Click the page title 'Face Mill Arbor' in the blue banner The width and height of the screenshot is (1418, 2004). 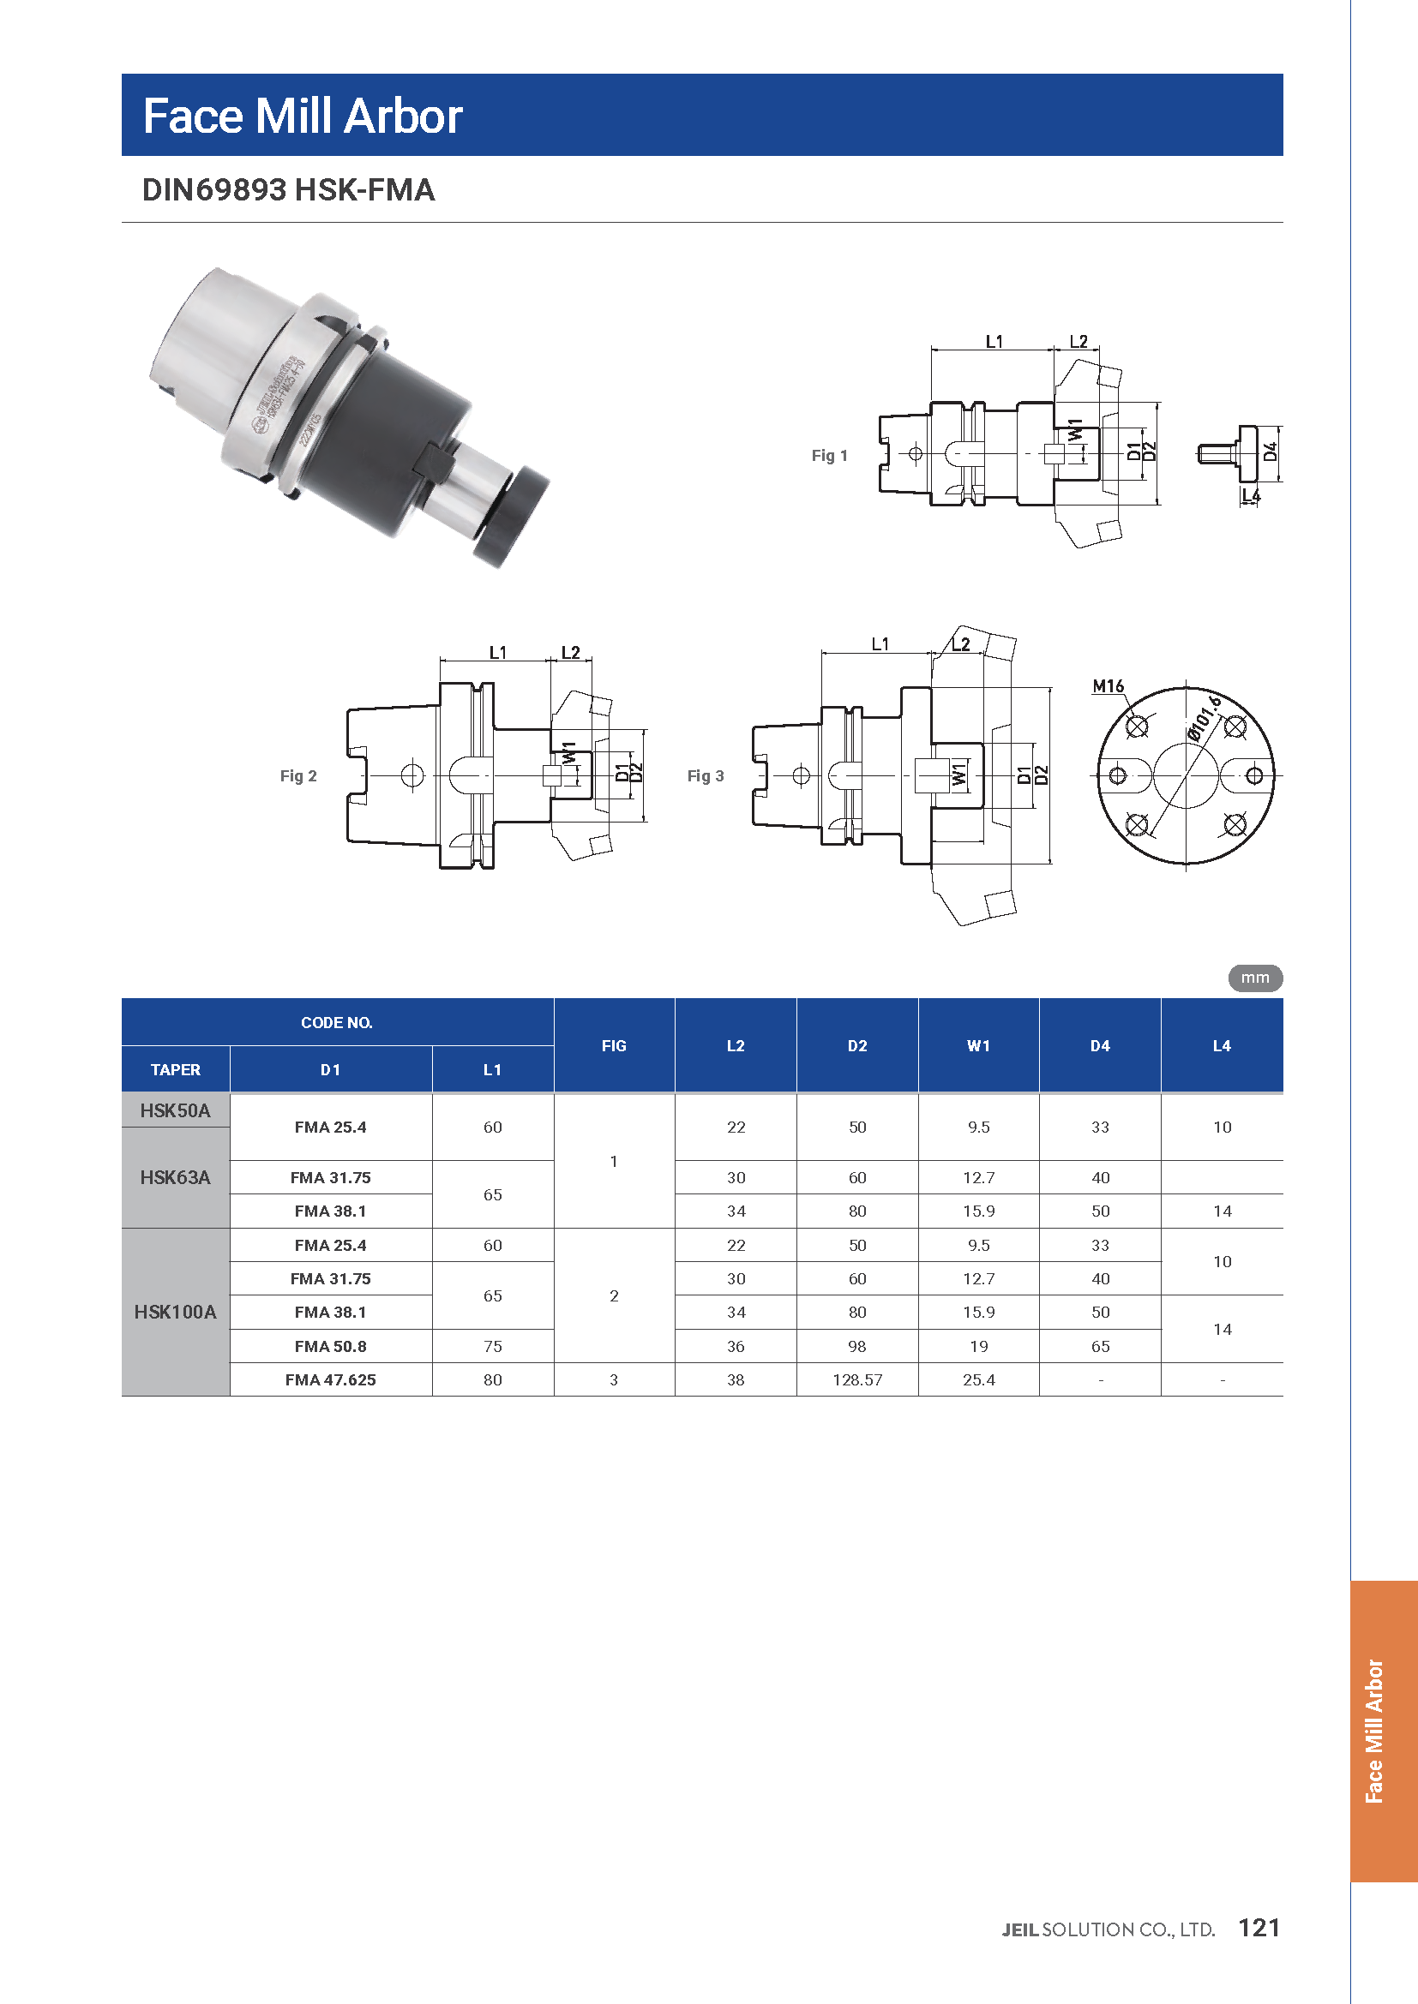pyautogui.click(x=302, y=116)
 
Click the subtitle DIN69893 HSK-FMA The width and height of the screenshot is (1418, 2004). pyautogui.click(x=288, y=189)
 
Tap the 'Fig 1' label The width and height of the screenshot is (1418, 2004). pyautogui.click(x=830, y=455)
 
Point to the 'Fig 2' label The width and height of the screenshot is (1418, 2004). pyautogui.click(x=298, y=775)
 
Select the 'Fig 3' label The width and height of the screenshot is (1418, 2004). pyautogui.click(x=706, y=775)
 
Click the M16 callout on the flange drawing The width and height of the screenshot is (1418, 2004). pyautogui.click(x=1108, y=686)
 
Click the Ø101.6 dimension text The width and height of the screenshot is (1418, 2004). pyautogui.click(x=1205, y=718)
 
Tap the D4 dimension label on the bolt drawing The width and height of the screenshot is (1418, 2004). pyautogui.click(x=1271, y=452)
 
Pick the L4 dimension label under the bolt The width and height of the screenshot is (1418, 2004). pyautogui.click(x=1251, y=495)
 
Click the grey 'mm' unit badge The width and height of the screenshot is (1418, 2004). pyautogui.click(x=1255, y=978)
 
